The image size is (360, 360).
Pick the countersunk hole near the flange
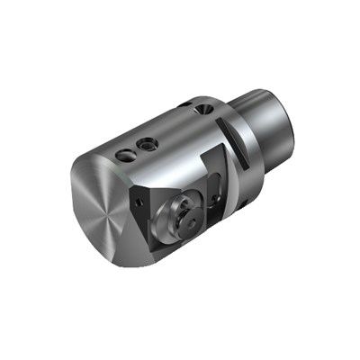pyautogui.click(x=202, y=109)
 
